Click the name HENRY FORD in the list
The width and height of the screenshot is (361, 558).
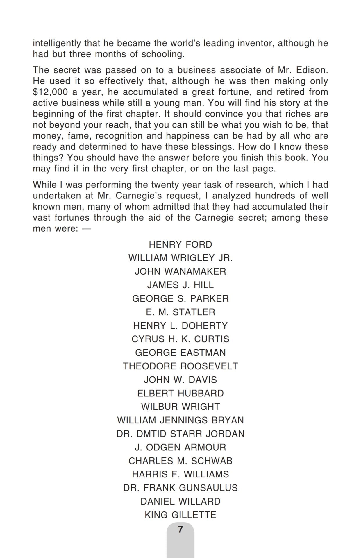pyautogui.click(x=180, y=244)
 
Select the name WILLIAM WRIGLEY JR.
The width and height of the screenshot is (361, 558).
pyautogui.click(x=180, y=258)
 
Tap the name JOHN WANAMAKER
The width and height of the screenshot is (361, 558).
pyautogui.click(x=180, y=271)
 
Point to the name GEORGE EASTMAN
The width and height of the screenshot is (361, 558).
pyautogui.click(x=180, y=353)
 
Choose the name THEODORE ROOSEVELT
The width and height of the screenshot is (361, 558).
pyautogui.click(x=180, y=366)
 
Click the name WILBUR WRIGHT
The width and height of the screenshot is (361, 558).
pyautogui.click(x=180, y=407)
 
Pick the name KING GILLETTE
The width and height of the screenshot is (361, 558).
pyautogui.click(x=180, y=515)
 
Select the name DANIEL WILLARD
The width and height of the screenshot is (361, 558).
pyautogui.click(x=180, y=501)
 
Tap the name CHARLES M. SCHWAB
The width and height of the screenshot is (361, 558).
pyautogui.click(x=180, y=461)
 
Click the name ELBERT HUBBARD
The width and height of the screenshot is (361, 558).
pyautogui.click(x=180, y=393)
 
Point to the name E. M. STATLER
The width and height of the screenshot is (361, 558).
pyautogui.click(x=180, y=312)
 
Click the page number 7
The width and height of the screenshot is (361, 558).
pyautogui.click(x=180, y=530)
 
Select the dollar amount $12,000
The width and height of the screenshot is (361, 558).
pyautogui.click(x=50, y=92)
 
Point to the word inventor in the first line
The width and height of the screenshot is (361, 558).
pyautogui.click(x=255, y=43)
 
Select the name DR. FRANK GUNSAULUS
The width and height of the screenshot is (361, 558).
pyautogui.click(x=180, y=488)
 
